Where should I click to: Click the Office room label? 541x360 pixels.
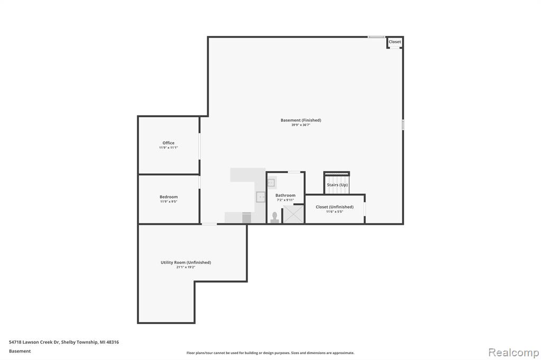point(169,143)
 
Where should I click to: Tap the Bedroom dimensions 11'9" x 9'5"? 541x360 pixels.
point(169,202)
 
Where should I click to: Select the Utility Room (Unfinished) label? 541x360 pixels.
point(185,262)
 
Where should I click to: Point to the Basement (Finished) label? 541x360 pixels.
point(301,120)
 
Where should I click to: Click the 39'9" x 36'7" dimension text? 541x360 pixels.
point(301,125)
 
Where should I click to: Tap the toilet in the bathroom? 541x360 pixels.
point(275,217)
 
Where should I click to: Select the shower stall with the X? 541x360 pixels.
point(293,214)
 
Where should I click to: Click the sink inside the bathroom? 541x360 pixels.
point(271,183)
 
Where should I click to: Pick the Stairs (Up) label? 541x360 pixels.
point(337,185)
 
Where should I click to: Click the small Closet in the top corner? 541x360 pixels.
point(395,42)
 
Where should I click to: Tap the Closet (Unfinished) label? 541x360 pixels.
point(334,207)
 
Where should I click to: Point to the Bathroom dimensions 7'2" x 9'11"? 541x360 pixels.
point(285,200)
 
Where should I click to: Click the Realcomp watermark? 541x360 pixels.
point(514,353)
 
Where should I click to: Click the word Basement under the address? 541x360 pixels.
point(20,351)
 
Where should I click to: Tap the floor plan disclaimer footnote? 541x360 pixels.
point(270,353)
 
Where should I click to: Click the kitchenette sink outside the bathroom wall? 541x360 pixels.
point(260,197)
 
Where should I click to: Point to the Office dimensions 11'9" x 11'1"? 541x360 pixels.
point(169,148)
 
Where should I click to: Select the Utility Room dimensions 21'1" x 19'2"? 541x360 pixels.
point(185,267)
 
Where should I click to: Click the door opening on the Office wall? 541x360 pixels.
point(199,146)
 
